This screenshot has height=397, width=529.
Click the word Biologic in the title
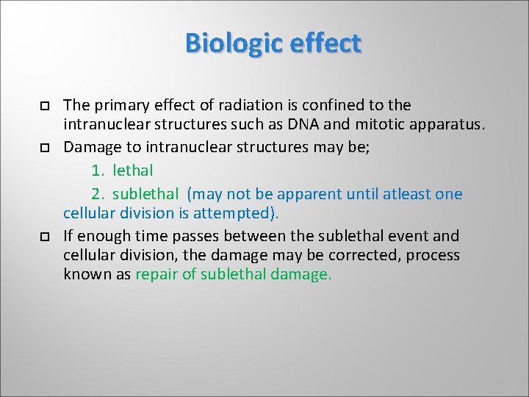pos(234,43)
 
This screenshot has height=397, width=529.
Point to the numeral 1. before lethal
pos(98,171)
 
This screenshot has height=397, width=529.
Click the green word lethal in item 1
pos(133,171)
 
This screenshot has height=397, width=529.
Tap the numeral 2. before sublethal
pos(98,194)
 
